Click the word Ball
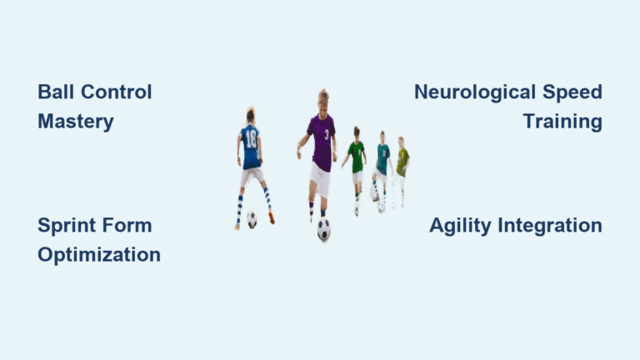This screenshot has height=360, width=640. [x=55, y=92]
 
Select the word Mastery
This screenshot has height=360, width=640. [x=76, y=122]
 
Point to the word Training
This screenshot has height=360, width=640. [x=562, y=122]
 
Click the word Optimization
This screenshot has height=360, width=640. [x=99, y=255]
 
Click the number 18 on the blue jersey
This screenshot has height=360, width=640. [x=250, y=137]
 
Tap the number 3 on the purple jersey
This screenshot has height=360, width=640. [x=326, y=133]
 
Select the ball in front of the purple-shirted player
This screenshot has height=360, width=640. [x=323, y=229]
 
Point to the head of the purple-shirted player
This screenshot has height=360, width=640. [x=322, y=97]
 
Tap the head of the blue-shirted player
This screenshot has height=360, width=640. [x=250, y=114]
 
